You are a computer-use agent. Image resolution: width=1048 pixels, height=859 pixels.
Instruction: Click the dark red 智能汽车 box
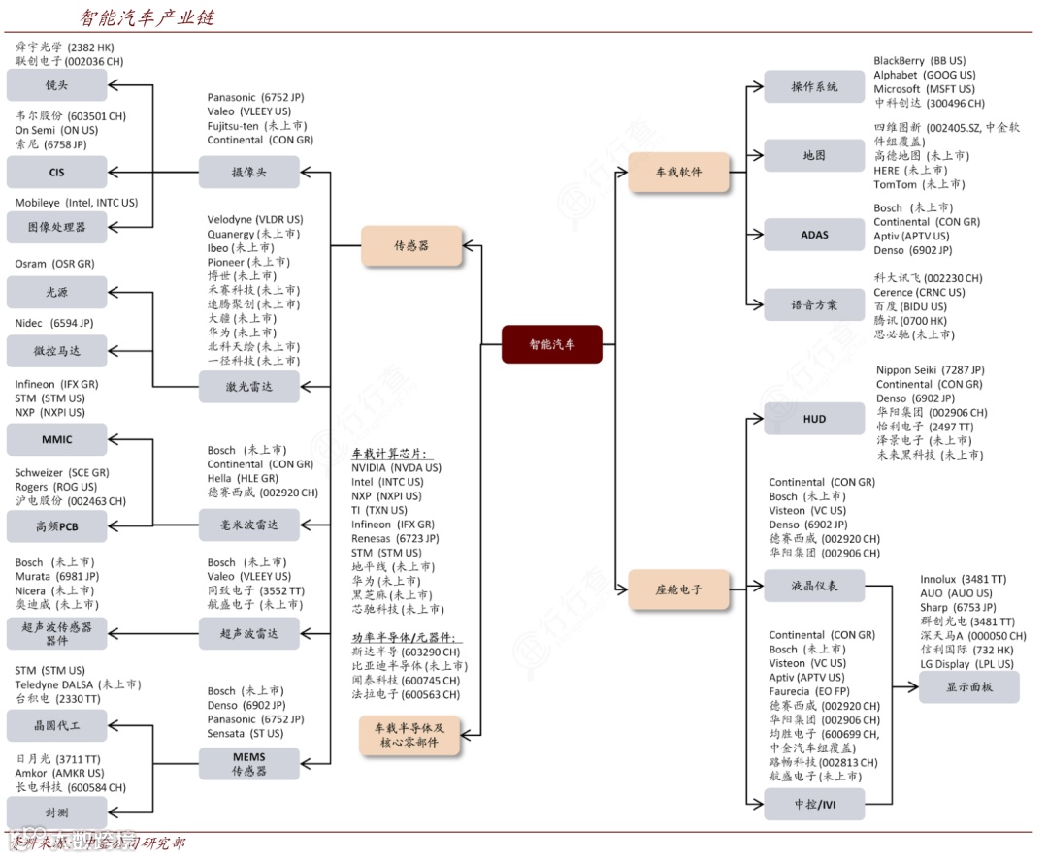(x=551, y=344)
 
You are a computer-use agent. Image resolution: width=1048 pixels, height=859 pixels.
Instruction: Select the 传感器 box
(x=410, y=245)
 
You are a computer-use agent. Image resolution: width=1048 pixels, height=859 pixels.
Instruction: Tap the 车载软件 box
(x=678, y=172)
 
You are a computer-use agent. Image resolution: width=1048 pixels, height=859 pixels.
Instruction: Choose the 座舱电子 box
(x=678, y=589)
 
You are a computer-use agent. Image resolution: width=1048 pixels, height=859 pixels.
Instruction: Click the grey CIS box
(x=56, y=172)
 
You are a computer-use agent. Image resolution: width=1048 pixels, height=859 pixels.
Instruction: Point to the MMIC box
(x=56, y=439)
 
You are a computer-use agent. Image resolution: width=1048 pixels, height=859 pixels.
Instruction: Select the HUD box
(x=814, y=419)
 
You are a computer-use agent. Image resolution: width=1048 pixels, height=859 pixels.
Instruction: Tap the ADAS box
(x=814, y=235)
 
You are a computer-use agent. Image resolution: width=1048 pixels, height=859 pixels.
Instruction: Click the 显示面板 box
(x=968, y=686)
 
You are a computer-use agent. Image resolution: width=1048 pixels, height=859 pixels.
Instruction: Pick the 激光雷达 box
(x=249, y=387)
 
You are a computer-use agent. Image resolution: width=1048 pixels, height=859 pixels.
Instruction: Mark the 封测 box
(x=56, y=811)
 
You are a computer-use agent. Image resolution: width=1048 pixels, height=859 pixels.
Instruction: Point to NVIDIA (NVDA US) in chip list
(x=396, y=467)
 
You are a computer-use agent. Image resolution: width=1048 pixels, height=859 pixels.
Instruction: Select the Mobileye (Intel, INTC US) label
(x=76, y=203)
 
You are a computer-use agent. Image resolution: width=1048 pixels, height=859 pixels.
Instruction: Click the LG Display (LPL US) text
(x=966, y=664)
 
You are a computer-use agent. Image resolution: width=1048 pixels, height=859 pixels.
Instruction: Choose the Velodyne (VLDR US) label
(x=254, y=220)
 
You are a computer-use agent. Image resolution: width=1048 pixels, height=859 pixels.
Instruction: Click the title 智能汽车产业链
(x=147, y=17)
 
